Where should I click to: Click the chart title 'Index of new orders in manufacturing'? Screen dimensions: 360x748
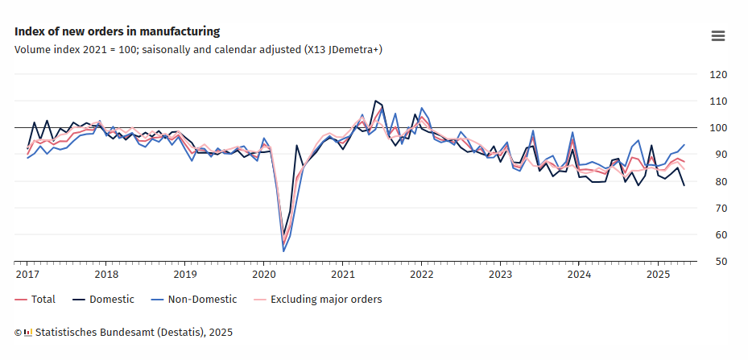tap(117, 31)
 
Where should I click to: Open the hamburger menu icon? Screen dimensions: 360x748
tap(718, 35)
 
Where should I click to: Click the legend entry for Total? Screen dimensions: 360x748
tap(35, 300)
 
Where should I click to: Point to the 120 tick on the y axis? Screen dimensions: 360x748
tap(717, 75)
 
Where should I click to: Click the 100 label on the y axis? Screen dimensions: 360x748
tap(717, 128)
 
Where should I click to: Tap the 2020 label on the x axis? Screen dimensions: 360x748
tap(263, 274)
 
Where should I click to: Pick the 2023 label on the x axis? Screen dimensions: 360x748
tap(500, 274)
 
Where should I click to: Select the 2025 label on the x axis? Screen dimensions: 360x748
tap(658, 274)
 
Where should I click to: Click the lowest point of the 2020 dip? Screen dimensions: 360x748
tap(283, 251)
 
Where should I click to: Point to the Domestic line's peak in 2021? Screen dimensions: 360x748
tap(375, 101)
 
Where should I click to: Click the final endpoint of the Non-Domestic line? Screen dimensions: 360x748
tap(684, 145)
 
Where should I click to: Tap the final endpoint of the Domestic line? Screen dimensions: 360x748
tap(684, 186)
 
